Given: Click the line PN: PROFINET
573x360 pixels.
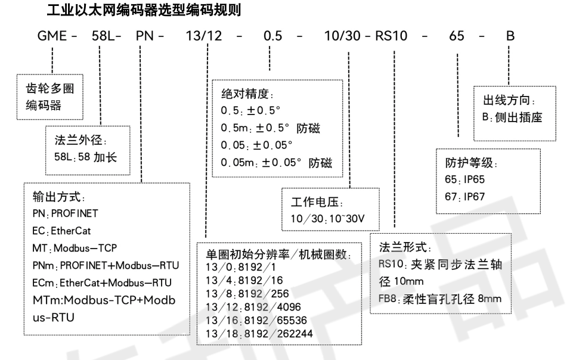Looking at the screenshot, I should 66,212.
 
